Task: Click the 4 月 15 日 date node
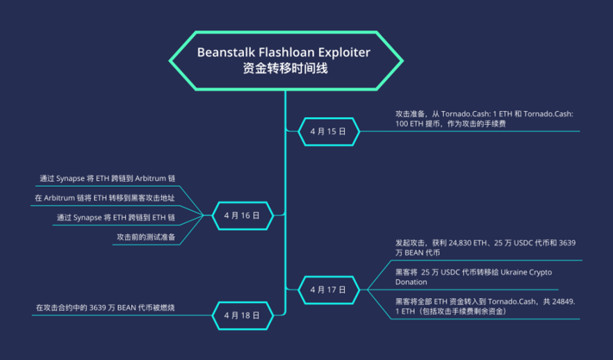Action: pyautogui.click(x=327, y=131)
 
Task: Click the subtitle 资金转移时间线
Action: pyautogui.click(x=285, y=69)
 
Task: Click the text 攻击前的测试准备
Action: pyautogui.click(x=145, y=238)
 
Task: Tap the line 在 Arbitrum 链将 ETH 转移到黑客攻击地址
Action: pyautogui.click(x=104, y=198)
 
